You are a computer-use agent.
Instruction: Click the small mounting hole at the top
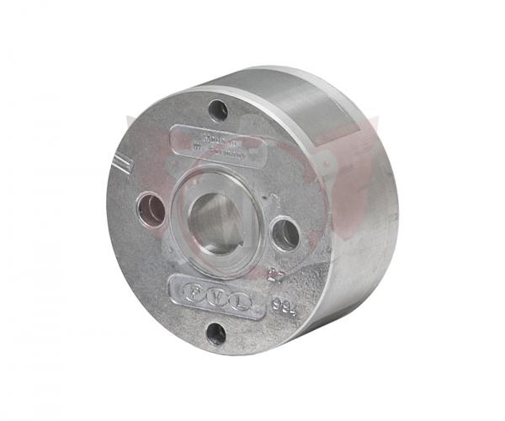pyautogui.click(x=219, y=109)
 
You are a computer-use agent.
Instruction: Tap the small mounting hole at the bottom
pyautogui.click(x=216, y=333)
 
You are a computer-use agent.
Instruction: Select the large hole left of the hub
pyautogui.click(x=152, y=209)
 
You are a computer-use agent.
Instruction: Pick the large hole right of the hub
pyautogui.click(x=285, y=233)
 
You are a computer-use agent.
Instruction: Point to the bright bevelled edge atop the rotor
pyautogui.click(x=278, y=86)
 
